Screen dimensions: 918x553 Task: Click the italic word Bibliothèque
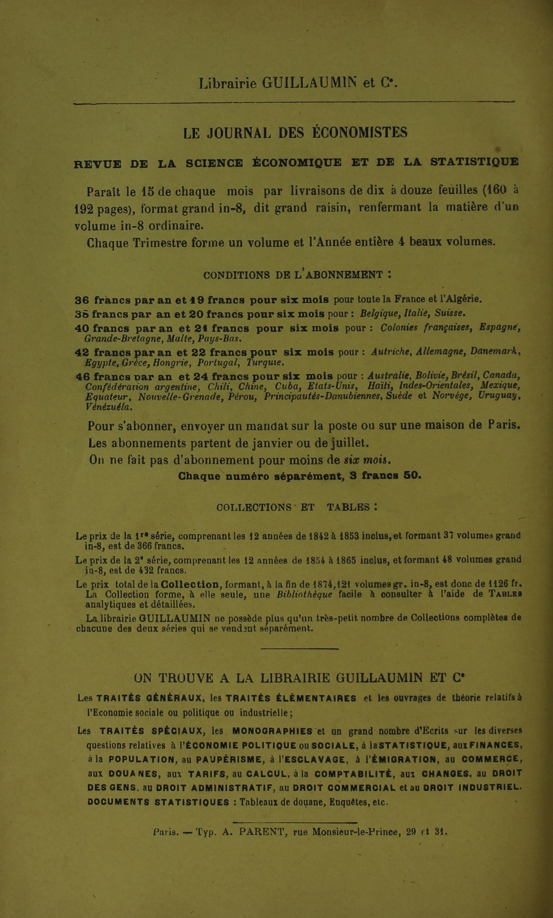[x=304, y=595]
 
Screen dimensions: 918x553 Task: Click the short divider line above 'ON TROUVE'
[x=300, y=649]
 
